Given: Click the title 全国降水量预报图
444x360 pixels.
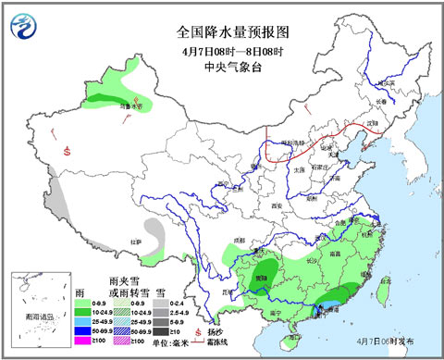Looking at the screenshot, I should pos(222,31).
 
